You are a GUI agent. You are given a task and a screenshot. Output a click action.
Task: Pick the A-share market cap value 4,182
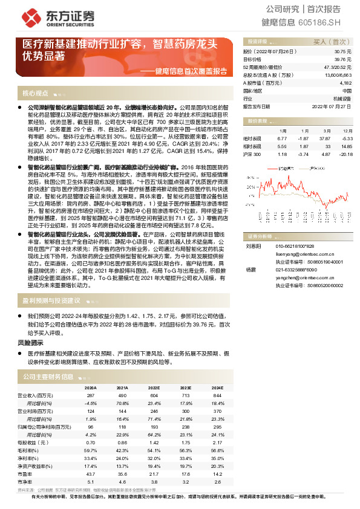coord(345,82)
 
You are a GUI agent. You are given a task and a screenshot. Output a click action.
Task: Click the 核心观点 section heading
coord(35,94)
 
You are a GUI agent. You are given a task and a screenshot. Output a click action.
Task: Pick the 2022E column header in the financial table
coord(154,387)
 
